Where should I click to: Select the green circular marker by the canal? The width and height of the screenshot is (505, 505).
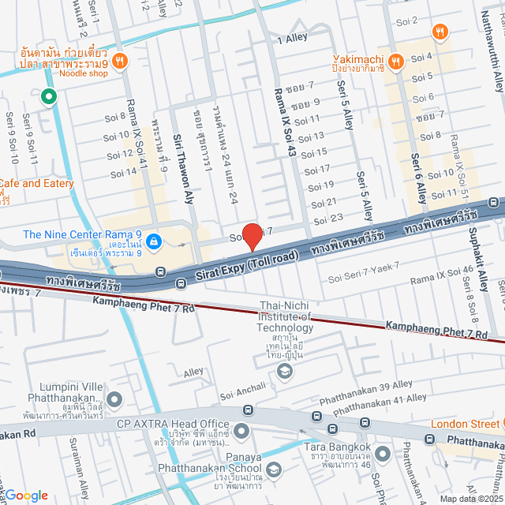tap(48, 97)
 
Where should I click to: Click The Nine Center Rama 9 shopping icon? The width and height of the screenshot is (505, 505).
tap(153, 241)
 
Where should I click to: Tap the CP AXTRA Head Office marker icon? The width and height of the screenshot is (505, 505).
tap(241, 430)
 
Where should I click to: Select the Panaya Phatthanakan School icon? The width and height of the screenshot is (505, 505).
tap(273, 470)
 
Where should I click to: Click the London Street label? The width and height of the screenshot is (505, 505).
tap(465, 423)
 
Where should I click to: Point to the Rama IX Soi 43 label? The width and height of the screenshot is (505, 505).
tap(283, 119)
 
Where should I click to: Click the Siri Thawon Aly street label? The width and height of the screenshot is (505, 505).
tap(183, 170)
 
